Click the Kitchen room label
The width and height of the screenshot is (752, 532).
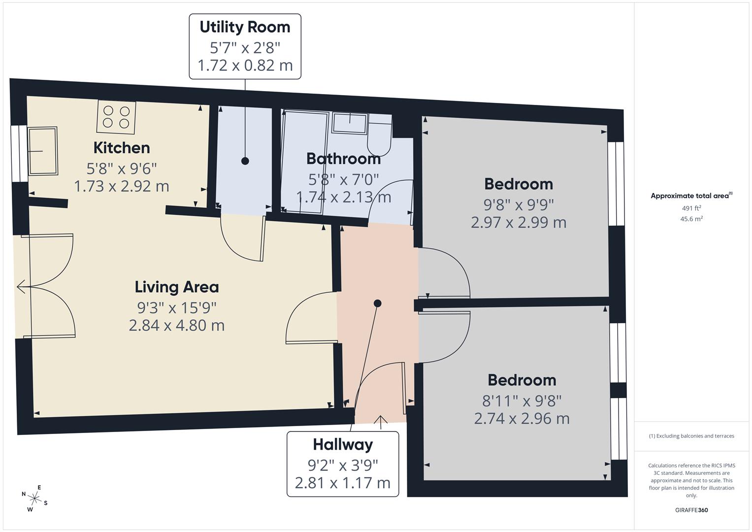122,148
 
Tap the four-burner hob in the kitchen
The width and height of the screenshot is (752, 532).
116,117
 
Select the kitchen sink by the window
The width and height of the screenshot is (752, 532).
43,151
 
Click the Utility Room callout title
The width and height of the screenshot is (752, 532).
245,27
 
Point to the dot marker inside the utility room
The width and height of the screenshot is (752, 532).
245,161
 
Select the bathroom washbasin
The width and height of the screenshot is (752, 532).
350,123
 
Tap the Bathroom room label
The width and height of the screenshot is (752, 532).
343,159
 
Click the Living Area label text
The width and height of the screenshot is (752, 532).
177,287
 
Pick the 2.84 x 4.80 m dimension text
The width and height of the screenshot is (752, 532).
177,326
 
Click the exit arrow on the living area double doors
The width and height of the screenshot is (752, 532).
21,286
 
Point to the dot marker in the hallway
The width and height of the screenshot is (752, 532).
377,303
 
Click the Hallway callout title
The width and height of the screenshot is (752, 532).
343,445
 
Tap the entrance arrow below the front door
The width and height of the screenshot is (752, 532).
380,420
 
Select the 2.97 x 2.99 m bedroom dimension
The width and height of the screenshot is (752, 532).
519,223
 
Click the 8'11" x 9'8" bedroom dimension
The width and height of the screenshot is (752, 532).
522,400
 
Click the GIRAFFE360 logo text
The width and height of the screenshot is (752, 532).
691,510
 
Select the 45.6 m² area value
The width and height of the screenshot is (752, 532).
691,219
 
